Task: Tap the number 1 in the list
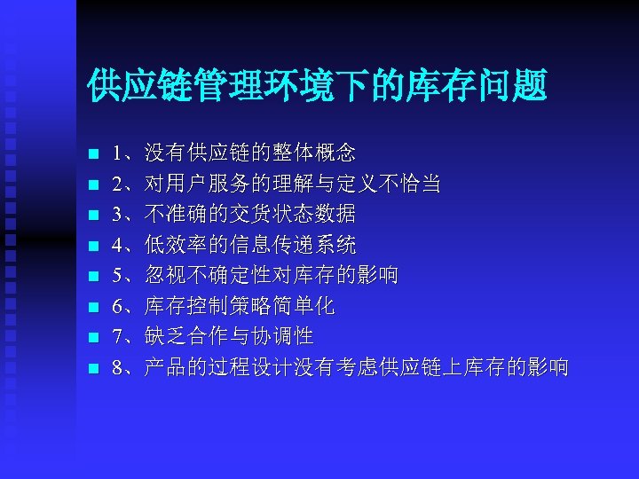[x=119, y=153]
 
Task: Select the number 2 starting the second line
[x=119, y=184]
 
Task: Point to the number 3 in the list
[x=119, y=214]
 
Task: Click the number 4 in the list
[x=119, y=245]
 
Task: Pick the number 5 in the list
[x=119, y=275]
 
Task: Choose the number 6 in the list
[x=119, y=306]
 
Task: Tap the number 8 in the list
[x=119, y=367]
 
